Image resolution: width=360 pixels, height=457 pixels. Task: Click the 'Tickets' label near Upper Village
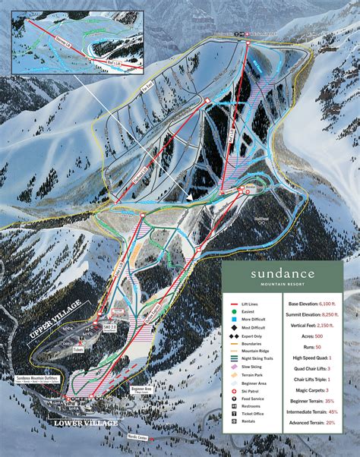[78, 350]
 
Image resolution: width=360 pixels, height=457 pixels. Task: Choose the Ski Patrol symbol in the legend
[235, 402]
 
